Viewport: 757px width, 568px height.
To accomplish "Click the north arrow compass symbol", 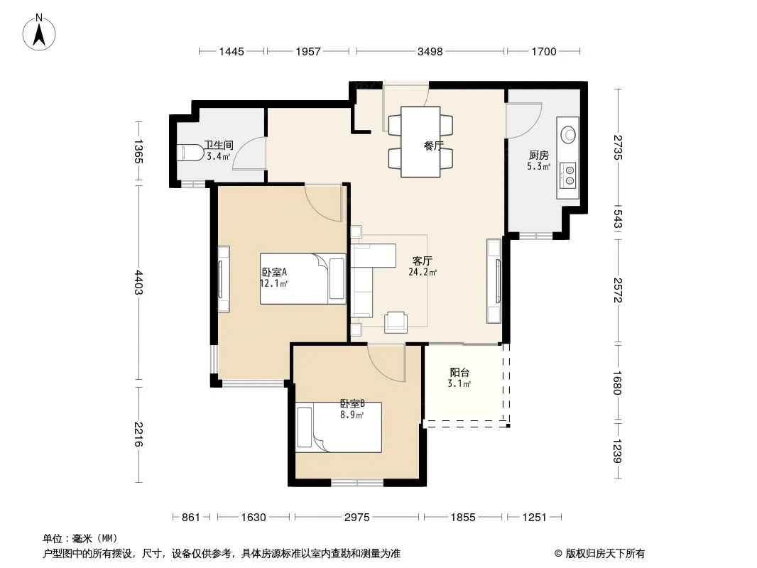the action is tap(39, 33).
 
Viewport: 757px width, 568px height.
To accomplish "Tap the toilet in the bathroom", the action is tap(191, 153).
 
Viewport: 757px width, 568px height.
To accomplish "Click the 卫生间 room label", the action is tap(218, 145).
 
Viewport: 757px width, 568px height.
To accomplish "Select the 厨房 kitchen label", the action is tap(538, 155).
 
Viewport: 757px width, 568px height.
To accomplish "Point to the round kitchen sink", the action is tap(569, 133).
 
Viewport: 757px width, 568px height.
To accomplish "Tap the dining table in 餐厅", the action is tap(420, 142).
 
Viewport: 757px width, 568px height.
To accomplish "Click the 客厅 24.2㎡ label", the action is tap(422, 266).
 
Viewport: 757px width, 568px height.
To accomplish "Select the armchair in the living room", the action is tap(396, 322).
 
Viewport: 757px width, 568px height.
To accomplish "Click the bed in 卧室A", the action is tap(303, 278).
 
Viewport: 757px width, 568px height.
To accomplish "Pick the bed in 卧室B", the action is tap(339, 427).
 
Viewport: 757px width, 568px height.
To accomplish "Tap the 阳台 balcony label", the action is tap(459, 373).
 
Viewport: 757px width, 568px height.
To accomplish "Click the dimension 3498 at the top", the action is tap(430, 52).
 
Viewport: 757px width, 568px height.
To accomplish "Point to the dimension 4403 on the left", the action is tap(138, 283).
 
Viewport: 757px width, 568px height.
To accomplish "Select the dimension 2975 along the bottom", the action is tap(356, 518).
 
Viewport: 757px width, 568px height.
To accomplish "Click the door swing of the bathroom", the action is tap(249, 153).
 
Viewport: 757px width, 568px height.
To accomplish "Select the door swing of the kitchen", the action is tap(524, 121).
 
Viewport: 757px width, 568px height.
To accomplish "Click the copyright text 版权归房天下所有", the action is tap(605, 554).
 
